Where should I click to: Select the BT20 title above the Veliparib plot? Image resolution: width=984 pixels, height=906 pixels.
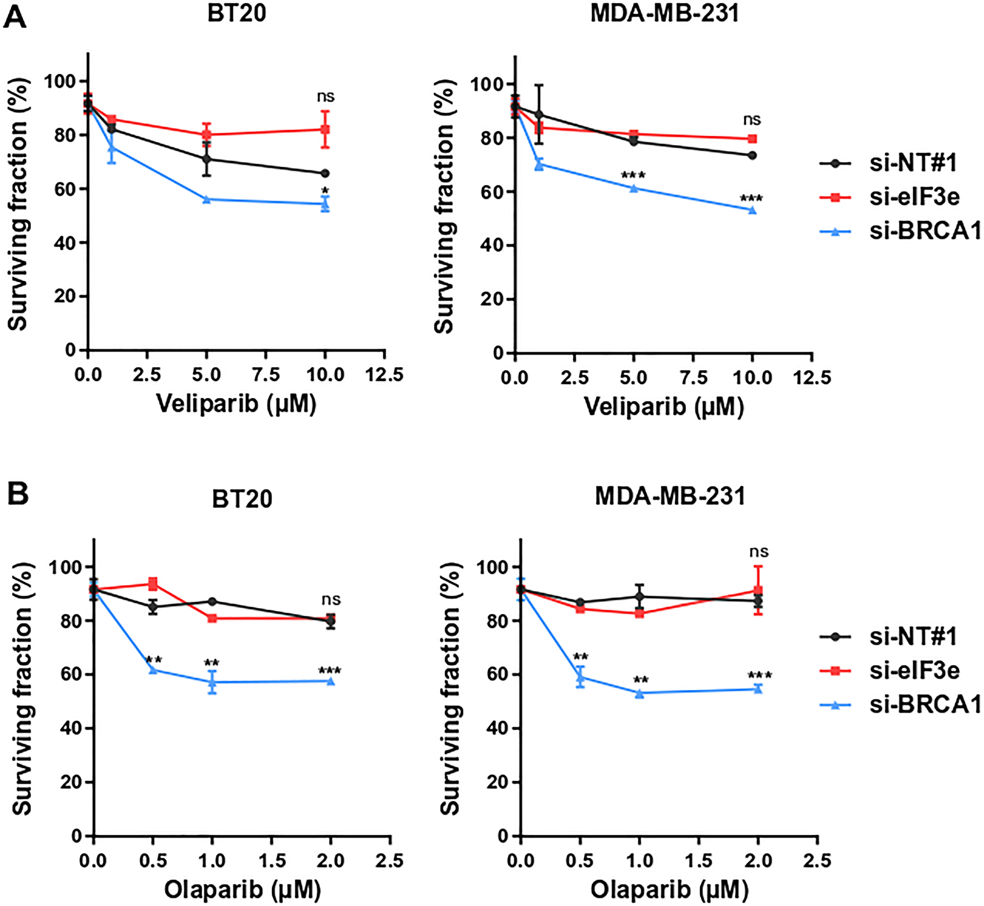[237, 13]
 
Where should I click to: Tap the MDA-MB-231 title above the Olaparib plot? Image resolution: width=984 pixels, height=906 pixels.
[670, 496]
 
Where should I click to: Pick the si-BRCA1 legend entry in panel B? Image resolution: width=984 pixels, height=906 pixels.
[925, 705]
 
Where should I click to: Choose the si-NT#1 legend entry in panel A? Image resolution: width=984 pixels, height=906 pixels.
[913, 163]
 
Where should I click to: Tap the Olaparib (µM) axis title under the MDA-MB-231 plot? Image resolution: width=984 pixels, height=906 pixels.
[669, 890]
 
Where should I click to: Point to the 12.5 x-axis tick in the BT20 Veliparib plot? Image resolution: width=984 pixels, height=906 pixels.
[384, 375]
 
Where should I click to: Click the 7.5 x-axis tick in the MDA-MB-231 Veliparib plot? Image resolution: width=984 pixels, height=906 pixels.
[693, 378]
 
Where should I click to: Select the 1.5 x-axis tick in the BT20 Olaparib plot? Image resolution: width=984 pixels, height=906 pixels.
[272, 860]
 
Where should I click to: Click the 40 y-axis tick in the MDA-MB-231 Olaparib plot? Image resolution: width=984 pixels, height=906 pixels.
[497, 728]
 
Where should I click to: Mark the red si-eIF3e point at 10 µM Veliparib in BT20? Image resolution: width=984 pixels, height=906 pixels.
[325, 130]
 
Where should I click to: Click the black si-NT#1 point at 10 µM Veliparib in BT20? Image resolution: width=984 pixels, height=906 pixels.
[325, 174]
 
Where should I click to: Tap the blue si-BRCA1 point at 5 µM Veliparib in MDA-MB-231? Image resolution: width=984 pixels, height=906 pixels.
[634, 188]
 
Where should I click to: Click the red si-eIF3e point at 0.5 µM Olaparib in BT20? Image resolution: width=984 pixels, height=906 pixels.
[153, 584]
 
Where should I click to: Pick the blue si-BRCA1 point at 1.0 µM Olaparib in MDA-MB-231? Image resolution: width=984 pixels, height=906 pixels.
[640, 694]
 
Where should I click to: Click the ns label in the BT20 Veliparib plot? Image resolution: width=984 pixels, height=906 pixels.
[326, 97]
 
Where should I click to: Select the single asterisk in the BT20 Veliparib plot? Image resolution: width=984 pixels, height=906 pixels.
[325, 191]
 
